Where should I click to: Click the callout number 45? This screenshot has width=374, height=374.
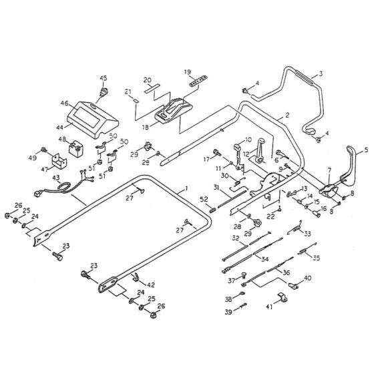point(103,77)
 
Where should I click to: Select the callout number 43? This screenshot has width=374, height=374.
point(56,178)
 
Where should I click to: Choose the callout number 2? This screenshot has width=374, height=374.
point(287,116)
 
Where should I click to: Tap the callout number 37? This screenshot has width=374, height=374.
point(230,280)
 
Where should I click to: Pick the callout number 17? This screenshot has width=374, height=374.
point(207,158)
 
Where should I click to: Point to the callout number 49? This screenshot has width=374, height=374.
point(33,157)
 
